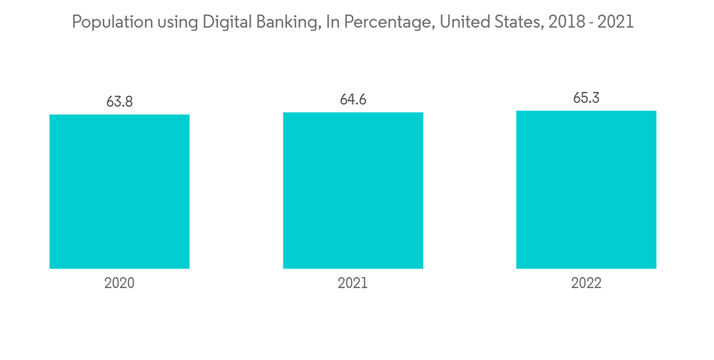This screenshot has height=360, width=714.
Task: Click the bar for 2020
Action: (119, 191)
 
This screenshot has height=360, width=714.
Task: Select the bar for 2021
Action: (353, 190)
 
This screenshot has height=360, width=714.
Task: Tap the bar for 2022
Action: (586, 189)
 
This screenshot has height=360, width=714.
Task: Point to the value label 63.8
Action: (119, 101)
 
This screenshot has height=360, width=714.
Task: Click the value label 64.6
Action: (353, 99)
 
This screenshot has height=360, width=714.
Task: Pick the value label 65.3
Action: (586, 98)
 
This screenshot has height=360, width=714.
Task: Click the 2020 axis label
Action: (119, 283)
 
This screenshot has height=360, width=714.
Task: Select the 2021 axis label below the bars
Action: (353, 283)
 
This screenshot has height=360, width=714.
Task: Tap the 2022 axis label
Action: (586, 283)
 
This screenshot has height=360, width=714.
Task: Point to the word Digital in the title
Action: (223, 22)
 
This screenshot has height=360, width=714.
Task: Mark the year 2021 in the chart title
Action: (615, 22)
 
